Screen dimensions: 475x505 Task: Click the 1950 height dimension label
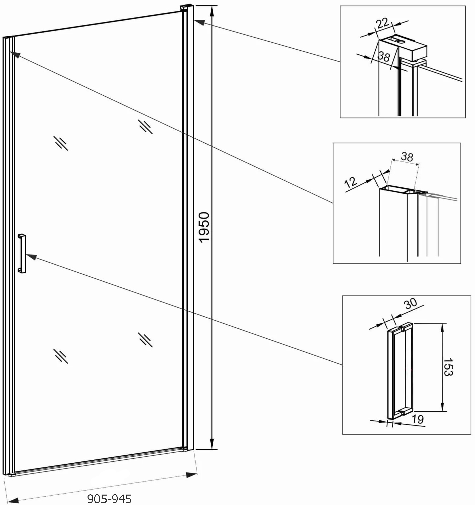(x=204, y=227)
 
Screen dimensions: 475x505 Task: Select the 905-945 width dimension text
(x=110, y=499)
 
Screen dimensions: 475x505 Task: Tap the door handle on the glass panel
(x=22, y=254)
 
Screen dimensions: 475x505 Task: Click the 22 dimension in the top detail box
(x=382, y=23)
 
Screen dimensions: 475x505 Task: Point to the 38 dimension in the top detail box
(x=383, y=56)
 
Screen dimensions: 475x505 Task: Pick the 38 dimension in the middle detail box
(x=407, y=156)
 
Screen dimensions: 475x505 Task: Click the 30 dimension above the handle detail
(x=411, y=303)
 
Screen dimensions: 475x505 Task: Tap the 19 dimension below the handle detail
(x=418, y=419)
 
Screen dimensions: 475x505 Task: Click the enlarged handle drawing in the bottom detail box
(x=400, y=370)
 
